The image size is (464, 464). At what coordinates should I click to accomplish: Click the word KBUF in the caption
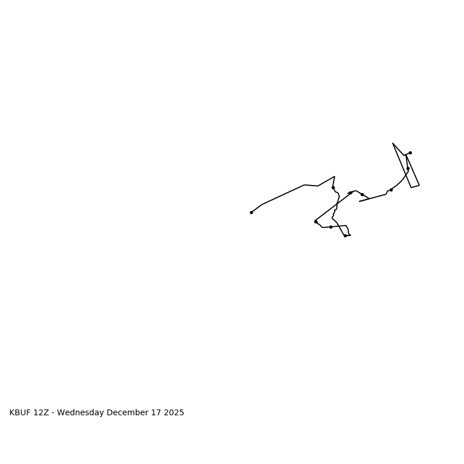[20, 413]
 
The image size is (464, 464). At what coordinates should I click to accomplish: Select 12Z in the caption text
[41, 413]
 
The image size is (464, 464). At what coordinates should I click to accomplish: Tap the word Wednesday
[81, 413]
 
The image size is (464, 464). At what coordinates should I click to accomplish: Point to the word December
[126, 413]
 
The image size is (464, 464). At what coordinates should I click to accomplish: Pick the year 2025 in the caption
[173, 413]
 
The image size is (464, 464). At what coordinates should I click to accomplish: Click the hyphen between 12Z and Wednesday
[53, 413]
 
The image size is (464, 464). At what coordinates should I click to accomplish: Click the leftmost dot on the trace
[251, 212]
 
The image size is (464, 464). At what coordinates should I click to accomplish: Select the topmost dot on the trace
[410, 153]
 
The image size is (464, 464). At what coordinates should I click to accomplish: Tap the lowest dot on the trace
[345, 235]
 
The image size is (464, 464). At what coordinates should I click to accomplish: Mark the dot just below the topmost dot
[408, 168]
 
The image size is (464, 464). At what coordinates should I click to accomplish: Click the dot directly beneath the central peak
[333, 187]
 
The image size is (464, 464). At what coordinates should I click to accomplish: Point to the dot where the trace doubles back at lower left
[316, 222]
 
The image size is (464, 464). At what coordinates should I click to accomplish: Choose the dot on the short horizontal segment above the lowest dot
[331, 227]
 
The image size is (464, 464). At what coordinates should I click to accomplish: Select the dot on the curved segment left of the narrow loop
[391, 190]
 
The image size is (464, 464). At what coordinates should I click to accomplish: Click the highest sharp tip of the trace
[393, 143]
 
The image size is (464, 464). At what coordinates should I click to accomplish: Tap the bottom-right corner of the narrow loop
[419, 185]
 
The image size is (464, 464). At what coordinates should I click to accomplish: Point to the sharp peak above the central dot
[335, 176]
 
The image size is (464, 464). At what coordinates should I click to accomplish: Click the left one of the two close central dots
[350, 193]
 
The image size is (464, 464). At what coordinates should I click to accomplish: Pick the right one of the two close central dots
[362, 194]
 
